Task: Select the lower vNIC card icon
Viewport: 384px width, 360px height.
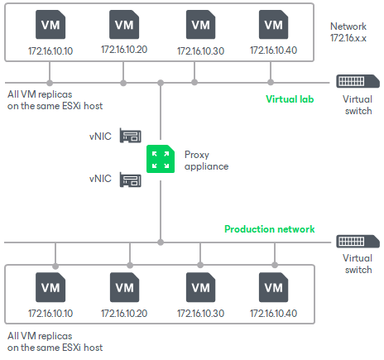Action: (129, 179)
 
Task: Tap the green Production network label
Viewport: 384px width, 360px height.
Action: (269, 229)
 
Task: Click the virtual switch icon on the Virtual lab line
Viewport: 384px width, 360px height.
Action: (358, 82)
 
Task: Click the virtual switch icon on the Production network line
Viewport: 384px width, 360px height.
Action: (358, 242)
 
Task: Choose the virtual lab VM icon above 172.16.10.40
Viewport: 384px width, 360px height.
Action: (272, 24)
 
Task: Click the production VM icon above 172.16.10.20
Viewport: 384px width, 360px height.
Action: (124, 287)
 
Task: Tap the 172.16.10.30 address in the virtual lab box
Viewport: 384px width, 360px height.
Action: (199, 50)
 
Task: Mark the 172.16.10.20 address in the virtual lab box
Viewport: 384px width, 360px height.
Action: (124, 50)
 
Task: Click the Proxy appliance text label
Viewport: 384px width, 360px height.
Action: (205, 160)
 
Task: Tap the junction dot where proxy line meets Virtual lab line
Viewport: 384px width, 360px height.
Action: (160, 82)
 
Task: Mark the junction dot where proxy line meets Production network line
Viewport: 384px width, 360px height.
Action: (160, 242)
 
